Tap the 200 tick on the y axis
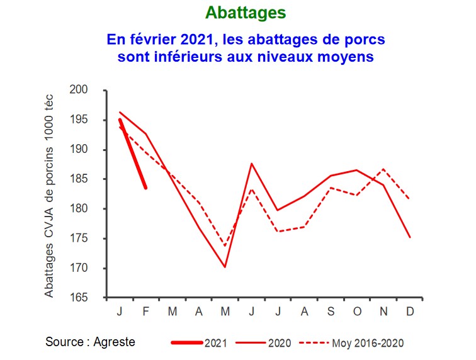[96, 91]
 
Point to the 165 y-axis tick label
[96, 298]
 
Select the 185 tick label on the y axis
[96, 179]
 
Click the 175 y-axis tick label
[96, 239]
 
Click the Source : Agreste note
[90, 342]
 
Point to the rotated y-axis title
[50, 196]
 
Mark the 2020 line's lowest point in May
[225, 267]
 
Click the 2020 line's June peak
[251, 164]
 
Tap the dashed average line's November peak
[383, 169]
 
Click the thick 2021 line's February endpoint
[145, 188]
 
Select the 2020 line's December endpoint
[410, 237]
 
